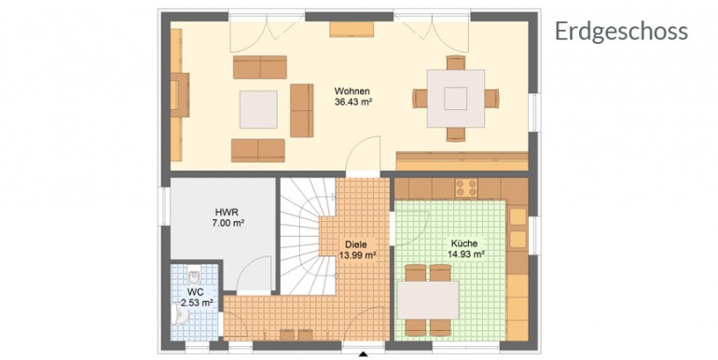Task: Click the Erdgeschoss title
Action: pos(621,32)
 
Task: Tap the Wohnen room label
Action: pos(352,90)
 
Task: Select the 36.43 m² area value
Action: pos(352,103)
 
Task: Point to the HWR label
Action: pos(227,212)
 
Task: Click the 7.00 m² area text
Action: pos(227,224)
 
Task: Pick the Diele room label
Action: pos(356,244)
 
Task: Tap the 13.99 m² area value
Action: pos(358,256)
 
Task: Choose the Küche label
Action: pos(463,243)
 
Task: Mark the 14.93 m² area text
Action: pos(466,256)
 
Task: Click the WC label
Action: pos(194,291)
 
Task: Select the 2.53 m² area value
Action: pos(197,303)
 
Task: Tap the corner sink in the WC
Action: pos(181,314)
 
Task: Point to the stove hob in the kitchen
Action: pos(466,187)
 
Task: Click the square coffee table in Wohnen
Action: pos(258,109)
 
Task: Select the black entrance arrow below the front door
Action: pos(364,353)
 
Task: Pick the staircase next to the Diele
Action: pos(307,236)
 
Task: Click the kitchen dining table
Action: pos(428,299)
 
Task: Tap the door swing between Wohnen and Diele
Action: pos(363,154)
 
